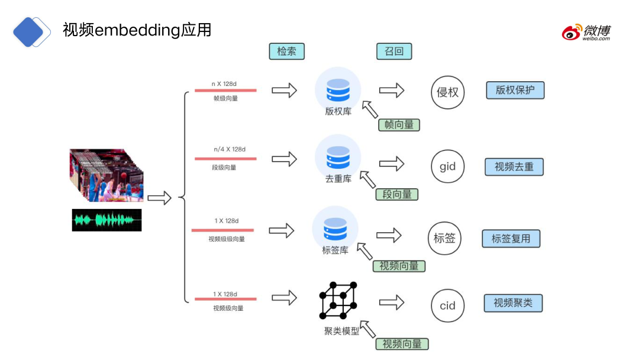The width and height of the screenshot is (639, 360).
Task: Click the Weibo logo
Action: (586, 32)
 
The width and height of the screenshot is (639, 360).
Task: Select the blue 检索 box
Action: (286, 52)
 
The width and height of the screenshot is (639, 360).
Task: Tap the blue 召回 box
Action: (394, 52)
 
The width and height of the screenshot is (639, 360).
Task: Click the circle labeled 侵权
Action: (448, 92)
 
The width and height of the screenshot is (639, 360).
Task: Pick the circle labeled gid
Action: (448, 166)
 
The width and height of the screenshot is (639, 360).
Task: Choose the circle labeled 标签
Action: (444, 238)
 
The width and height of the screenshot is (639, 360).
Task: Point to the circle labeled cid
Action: (448, 306)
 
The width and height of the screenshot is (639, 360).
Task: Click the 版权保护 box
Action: (515, 90)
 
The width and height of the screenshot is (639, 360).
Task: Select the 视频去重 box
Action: (514, 167)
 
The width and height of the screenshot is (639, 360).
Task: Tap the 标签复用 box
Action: (511, 239)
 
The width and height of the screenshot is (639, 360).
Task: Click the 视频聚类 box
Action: (513, 303)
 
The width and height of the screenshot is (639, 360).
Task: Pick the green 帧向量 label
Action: (399, 125)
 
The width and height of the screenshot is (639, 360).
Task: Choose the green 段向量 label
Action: (397, 194)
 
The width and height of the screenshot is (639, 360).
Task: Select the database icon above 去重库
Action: (338, 156)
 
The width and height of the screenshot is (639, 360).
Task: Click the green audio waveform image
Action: (107, 220)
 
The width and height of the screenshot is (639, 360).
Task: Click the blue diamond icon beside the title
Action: (32, 31)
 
